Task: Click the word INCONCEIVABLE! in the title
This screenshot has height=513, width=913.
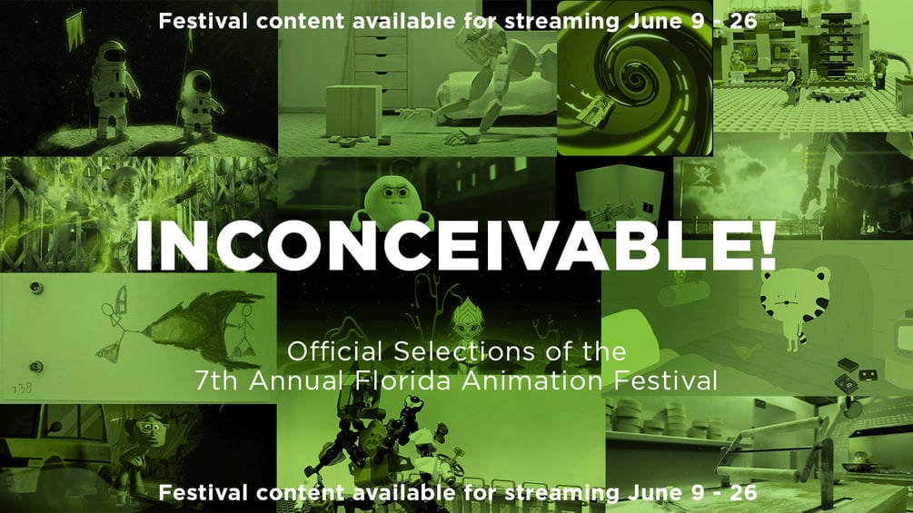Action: [x=456, y=245]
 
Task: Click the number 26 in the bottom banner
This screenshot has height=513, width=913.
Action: [x=743, y=493]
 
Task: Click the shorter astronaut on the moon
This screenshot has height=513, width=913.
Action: [x=199, y=105]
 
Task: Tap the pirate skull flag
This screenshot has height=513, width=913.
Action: [x=699, y=175]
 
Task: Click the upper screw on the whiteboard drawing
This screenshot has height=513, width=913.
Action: [x=36, y=287]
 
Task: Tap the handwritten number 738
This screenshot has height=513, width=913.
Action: [x=21, y=388]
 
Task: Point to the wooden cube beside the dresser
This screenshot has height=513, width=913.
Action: [x=353, y=112]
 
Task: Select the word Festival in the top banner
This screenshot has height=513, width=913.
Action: [x=203, y=21]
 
